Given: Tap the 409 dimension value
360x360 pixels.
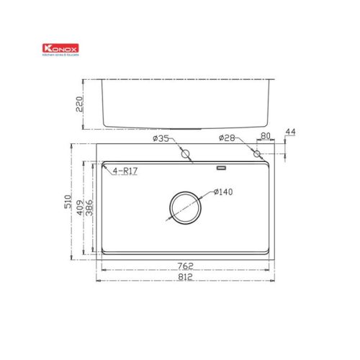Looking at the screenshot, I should pyautogui.click(x=80, y=207).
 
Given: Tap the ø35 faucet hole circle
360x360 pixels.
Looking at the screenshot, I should pyautogui.click(x=185, y=153).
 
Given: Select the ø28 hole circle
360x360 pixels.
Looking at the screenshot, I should pyautogui.click(x=256, y=153).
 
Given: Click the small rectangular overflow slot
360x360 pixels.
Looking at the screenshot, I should pyautogui.click(x=221, y=168).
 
